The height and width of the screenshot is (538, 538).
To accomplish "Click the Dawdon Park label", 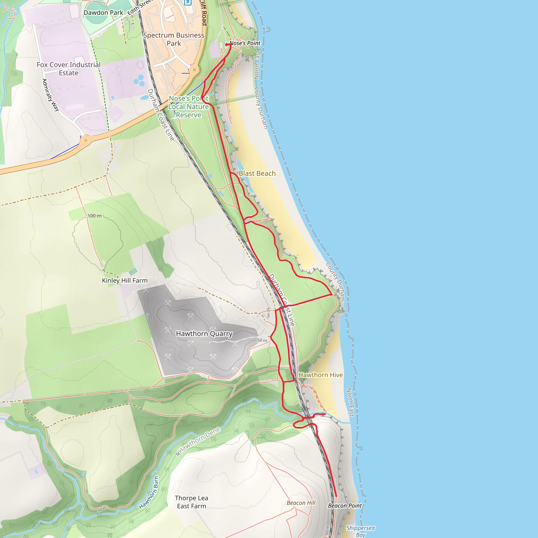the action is tap(103, 13).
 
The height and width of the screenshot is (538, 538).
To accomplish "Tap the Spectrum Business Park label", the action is tap(174, 39).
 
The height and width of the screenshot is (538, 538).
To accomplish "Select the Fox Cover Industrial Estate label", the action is tap(69, 69).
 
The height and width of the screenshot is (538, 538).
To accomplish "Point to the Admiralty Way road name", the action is tap(51, 95).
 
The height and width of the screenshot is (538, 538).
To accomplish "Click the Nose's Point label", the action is tap(245, 43).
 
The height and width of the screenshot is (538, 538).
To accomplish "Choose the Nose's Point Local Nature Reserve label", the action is tap(189, 107).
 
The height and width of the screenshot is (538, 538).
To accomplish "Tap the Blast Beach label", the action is tap(257, 173).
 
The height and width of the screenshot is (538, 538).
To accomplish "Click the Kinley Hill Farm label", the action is tap(125, 280).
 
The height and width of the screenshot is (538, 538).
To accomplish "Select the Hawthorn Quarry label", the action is tap(204, 334).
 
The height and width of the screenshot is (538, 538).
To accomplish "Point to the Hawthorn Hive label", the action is tap(320, 375).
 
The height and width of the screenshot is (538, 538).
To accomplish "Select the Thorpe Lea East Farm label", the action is tap(192, 502).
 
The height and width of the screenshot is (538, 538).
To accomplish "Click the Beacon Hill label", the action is tap(301, 503).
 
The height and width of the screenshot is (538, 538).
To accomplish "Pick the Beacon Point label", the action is tap(345, 505).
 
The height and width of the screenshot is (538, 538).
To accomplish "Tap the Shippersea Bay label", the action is tap(360, 531).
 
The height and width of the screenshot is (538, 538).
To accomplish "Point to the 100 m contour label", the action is tap(94, 216).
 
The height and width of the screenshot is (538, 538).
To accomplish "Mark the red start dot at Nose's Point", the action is tap(227, 45).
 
